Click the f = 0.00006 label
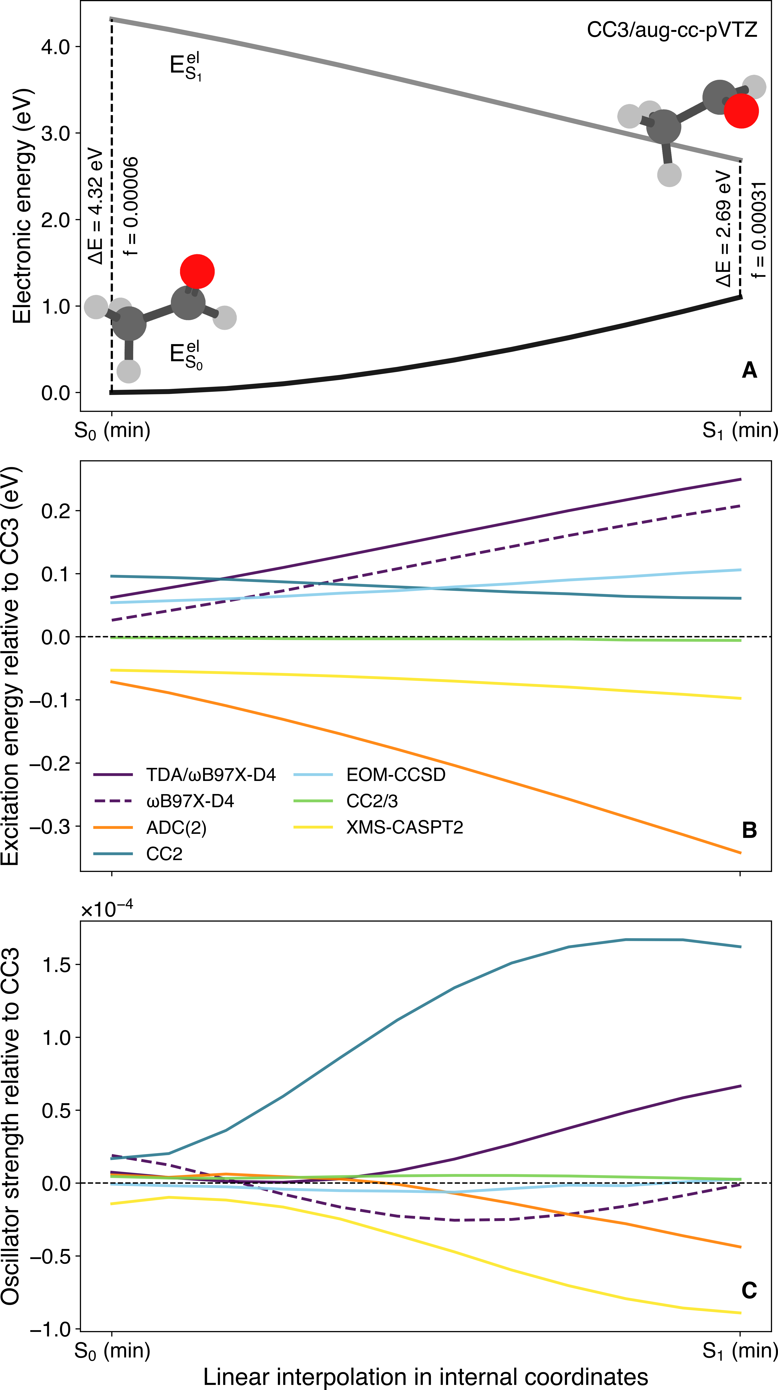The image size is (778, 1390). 131,206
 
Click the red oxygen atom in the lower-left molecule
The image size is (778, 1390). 197,271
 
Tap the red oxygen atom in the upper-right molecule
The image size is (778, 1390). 741,111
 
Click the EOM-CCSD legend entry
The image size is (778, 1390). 396,775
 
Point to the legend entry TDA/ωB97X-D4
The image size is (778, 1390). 210,775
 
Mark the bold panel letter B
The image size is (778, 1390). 749,830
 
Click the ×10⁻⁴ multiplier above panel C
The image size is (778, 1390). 107,909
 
